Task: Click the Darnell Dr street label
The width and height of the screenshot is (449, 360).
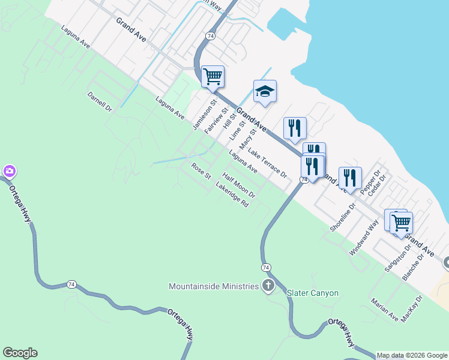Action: pyautogui.click(x=100, y=102)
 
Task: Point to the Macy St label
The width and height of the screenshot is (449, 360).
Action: pyautogui.click(x=248, y=139)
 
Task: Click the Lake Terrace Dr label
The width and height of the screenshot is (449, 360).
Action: pyautogui.click(x=267, y=163)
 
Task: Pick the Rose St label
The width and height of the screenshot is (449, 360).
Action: pyautogui.click(x=201, y=171)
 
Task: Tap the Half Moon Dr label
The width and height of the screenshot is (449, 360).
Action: pyautogui.click(x=239, y=185)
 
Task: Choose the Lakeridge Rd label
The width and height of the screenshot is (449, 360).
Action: pyautogui.click(x=232, y=195)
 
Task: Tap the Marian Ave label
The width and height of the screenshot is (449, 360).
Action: pyautogui.click(x=384, y=309)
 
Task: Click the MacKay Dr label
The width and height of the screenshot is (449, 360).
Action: pyautogui.click(x=412, y=309)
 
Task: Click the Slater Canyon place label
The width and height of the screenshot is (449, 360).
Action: pyautogui.click(x=313, y=293)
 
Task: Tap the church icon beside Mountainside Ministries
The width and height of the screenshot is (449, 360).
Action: pyautogui.click(x=268, y=286)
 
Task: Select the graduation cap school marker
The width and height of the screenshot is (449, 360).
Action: pyautogui.click(x=265, y=91)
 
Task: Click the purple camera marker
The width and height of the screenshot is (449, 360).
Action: pyautogui.click(x=9, y=172)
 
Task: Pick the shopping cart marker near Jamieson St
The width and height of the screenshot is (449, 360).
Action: pyautogui.click(x=212, y=76)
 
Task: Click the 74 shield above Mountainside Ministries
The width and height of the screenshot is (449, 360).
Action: pyautogui.click(x=265, y=266)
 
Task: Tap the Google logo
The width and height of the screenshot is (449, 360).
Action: pyautogui.click(x=20, y=353)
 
